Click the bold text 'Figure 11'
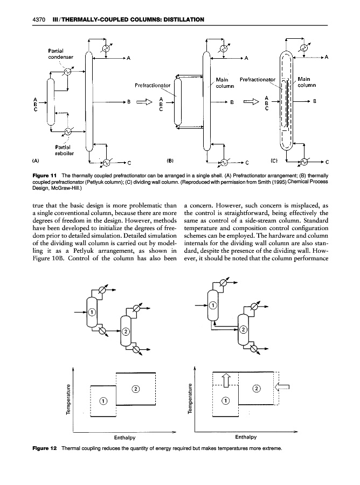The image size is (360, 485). pos(45,176)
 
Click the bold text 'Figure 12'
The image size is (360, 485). pos(45,448)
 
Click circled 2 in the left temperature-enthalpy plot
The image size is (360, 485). pos(135,388)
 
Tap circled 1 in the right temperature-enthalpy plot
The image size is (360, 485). pos(226,400)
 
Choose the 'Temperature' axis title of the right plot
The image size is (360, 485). pos(190,399)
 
